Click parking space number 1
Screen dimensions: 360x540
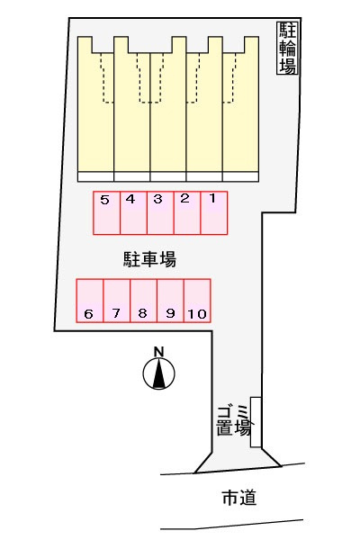click(x=214, y=212)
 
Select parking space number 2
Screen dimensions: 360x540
click(x=187, y=212)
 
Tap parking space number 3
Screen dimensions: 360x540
click(x=160, y=212)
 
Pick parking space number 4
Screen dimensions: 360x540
click(x=133, y=212)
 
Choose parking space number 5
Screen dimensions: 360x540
click(x=106, y=212)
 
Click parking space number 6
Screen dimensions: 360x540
click(x=90, y=301)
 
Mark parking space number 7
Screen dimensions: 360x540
click(x=117, y=301)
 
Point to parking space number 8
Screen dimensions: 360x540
click(x=144, y=301)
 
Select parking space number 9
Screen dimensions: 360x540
click(x=170, y=301)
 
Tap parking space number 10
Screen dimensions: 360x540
click(x=197, y=301)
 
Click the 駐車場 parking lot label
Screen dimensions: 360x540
click(x=150, y=259)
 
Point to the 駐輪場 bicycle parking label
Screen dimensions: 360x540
click(x=287, y=49)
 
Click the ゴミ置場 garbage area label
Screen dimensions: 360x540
click(x=233, y=421)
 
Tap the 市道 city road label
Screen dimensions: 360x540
click(x=239, y=498)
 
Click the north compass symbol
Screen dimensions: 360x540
click(x=158, y=373)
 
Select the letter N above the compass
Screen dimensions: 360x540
click(x=158, y=352)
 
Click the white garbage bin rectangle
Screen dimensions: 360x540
click(x=256, y=422)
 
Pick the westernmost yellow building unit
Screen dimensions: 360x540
click(x=95, y=110)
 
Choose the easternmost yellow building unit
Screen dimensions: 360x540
click(x=240, y=110)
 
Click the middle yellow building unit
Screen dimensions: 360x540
click(x=168, y=110)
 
